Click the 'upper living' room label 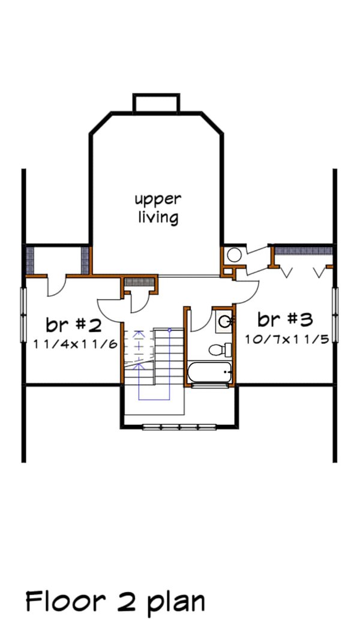(157, 208)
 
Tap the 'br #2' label (73, 325)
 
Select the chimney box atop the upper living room (157, 103)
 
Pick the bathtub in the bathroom (209, 374)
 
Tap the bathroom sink (224, 322)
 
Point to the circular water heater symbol (234, 255)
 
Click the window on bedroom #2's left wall (24, 316)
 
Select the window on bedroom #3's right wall (335, 316)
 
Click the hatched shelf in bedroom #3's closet (303, 249)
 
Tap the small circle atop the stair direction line (170, 330)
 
